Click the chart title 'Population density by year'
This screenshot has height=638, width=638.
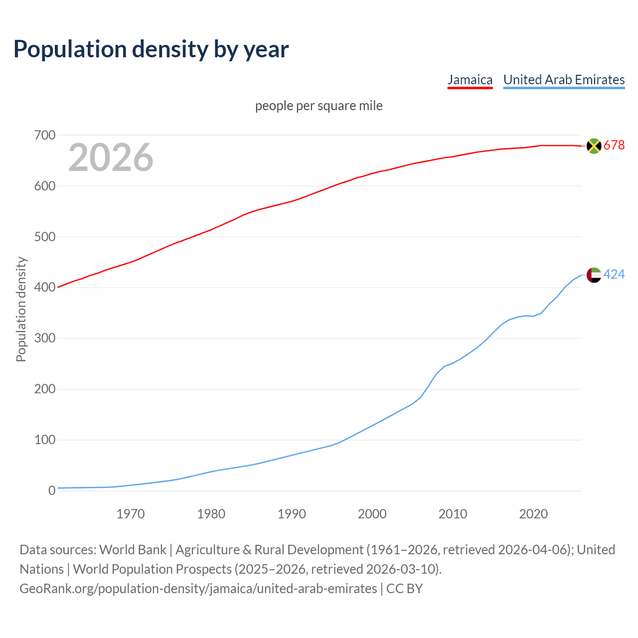pyautogui.click(x=151, y=49)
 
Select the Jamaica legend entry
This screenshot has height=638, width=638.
pyautogui.click(x=470, y=80)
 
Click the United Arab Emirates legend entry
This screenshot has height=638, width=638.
pyautogui.click(x=564, y=80)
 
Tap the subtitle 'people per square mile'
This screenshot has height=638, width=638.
pyautogui.click(x=319, y=106)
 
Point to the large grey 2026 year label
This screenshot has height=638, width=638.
pyautogui.click(x=111, y=158)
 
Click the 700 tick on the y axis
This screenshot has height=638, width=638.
pyautogui.click(x=44, y=136)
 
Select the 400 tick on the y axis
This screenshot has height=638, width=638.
pyautogui.click(x=44, y=288)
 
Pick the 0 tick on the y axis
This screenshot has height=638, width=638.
pyautogui.click(x=52, y=491)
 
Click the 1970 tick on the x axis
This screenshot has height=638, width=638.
pyautogui.click(x=131, y=514)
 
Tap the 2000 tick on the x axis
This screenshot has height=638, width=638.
pyautogui.click(x=372, y=514)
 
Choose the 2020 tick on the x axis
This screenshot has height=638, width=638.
pyautogui.click(x=533, y=514)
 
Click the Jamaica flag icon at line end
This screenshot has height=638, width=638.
pyautogui.click(x=594, y=146)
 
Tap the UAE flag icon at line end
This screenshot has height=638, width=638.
pyautogui.click(x=594, y=275)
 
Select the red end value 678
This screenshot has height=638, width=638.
pyautogui.click(x=614, y=146)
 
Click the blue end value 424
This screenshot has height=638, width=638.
pyautogui.click(x=614, y=275)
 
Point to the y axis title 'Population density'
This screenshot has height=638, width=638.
pyautogui.click(x=21, y=309)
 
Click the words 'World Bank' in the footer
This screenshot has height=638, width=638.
pyautogui.click(x=133, y=550)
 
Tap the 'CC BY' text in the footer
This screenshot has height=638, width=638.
pyautogui.click(x=404, y=589)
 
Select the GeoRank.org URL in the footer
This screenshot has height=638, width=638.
pyautogui.click(x=198, y=589)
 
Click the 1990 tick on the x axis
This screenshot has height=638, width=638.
pyautogui.click(x=292, y=514)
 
